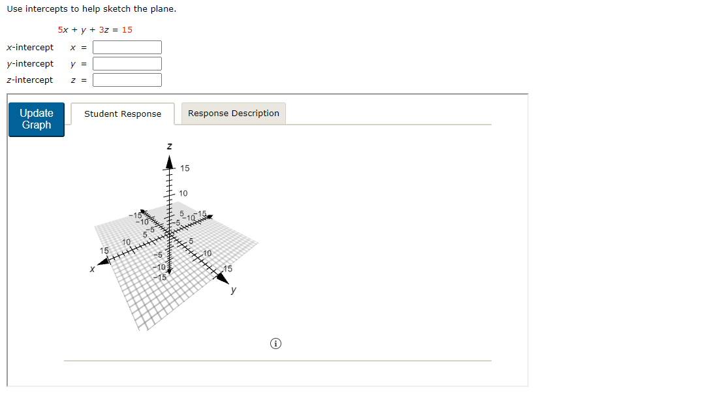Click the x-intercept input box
(127, 48)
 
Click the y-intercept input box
(127, 64)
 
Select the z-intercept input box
(127, 80)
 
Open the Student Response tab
(123, 114)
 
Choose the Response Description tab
(233, 114)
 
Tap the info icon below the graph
(276, 343)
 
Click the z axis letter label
(170, 147)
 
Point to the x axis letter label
(93, 268)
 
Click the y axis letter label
(233, 291)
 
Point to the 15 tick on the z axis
(185, 168)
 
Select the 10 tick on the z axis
(183, 194)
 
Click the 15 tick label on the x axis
(104, 251)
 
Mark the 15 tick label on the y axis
(228, 269)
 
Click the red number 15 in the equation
(127, 30)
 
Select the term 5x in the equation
(62, 30)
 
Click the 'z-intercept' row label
(30, 80)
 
